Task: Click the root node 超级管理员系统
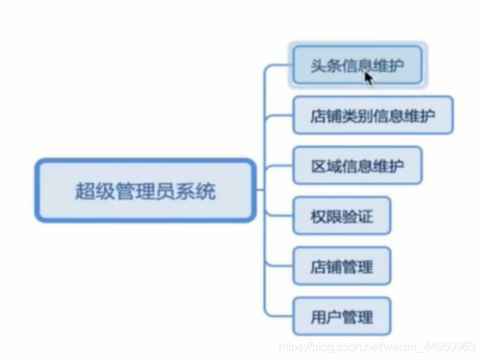(x=145, y=191)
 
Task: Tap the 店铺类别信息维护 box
(x=373, y=116)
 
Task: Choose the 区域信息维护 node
(x=358, y=167)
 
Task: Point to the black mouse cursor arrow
(x=368, y=78)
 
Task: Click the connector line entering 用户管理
(x=281, y=316)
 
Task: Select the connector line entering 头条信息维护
(x=281, y=65)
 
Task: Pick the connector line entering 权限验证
(x=281, y=216)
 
